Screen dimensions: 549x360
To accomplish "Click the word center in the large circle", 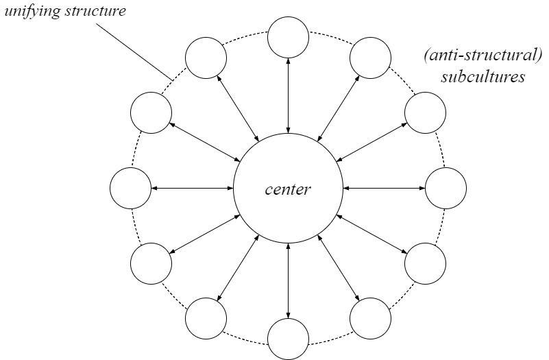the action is pos(288,189).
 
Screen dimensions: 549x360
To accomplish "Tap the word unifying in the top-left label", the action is pos(33,12).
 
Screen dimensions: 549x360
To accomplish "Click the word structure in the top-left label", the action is pos(95,11).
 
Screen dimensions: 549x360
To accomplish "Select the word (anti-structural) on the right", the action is pos(483,56).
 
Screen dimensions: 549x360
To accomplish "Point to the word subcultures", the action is pos(483,77).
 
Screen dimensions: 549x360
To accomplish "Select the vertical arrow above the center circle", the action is pos(288,96).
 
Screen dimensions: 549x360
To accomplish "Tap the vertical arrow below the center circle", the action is pos(288,280).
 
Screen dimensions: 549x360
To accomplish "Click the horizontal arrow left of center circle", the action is pos(192,189).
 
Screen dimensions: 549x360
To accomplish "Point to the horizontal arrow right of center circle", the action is pos(384,189).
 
